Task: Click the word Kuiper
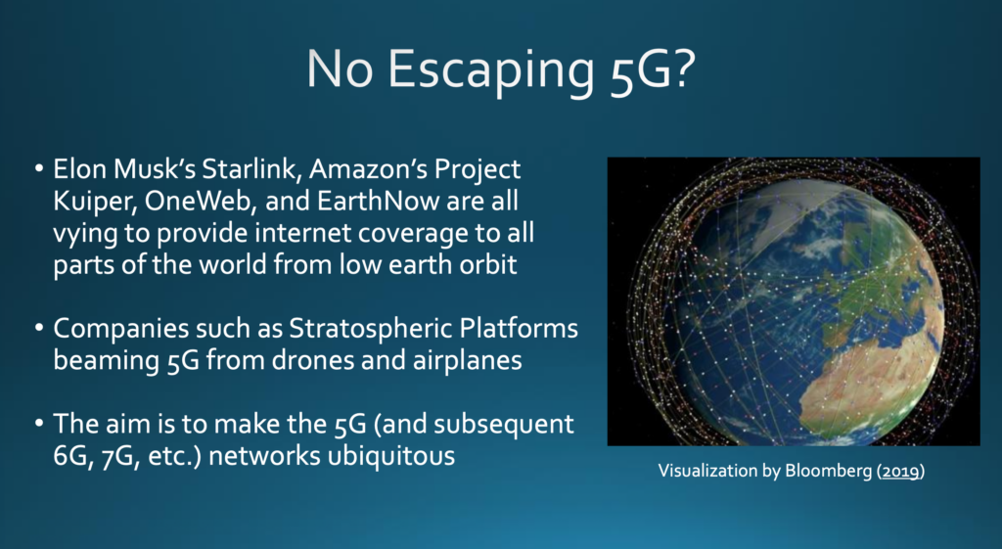[x=93, y=202]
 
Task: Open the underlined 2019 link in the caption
[x=900, y=471]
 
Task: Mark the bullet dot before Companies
[x=39, y=328]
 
